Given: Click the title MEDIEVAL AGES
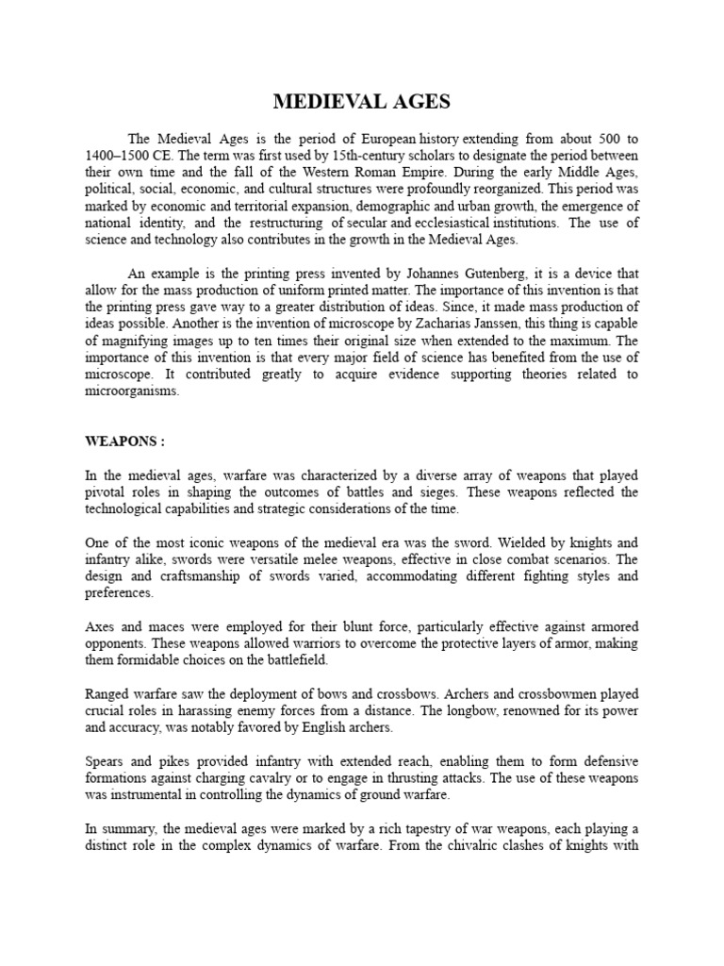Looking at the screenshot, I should click(361, 102).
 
